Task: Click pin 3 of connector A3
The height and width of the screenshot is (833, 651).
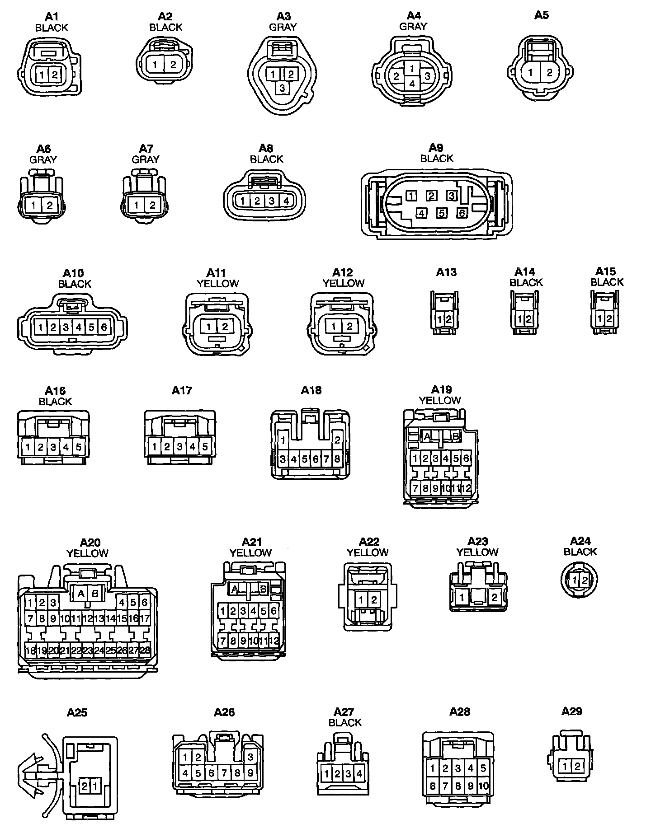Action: [282, 88]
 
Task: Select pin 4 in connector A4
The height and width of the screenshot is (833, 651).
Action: [412, 84]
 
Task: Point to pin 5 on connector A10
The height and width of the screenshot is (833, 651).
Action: [91, 327]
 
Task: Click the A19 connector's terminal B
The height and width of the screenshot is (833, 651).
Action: [456, 436]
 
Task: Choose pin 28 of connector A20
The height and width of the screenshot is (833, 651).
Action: [145, 651]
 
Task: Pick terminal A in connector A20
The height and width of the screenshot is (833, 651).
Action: [81, 594]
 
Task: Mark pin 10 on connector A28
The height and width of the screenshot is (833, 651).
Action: [483, 786]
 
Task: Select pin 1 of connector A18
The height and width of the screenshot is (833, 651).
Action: [283, 440]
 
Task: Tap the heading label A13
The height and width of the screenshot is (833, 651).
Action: [446, 272]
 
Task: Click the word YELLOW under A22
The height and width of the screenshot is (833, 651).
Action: [368, 552]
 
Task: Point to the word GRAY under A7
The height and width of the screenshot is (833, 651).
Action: [146, 159]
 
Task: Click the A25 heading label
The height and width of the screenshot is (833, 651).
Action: [77, 713]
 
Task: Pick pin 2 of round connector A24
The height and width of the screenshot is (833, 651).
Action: [585, 580]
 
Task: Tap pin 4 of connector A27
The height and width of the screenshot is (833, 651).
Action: [359, 774]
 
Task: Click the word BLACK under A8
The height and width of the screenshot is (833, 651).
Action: [266, 159]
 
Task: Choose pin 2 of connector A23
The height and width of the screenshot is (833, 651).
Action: [495, 598]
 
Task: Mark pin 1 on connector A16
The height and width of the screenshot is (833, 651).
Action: [28, 447]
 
